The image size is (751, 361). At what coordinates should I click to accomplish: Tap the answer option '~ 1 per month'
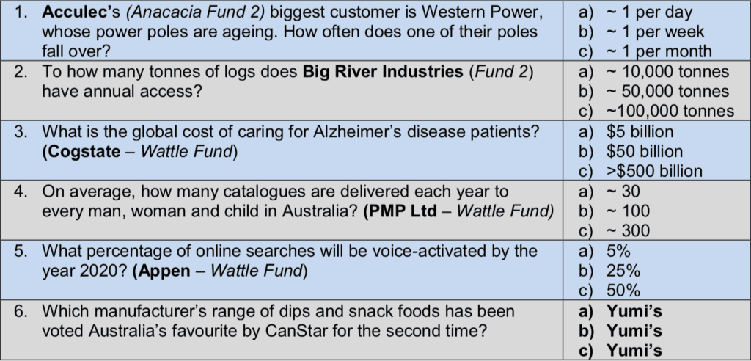pyautogui.click(x=659, y=51)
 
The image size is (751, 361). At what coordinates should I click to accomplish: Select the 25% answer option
pyautogui.click(x=623, y=271)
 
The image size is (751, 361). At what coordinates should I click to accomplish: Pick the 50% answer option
pyautogui.click(x=623, y=291)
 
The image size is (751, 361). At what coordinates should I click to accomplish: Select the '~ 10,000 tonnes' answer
pyautogui.click(x=668, y=72)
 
